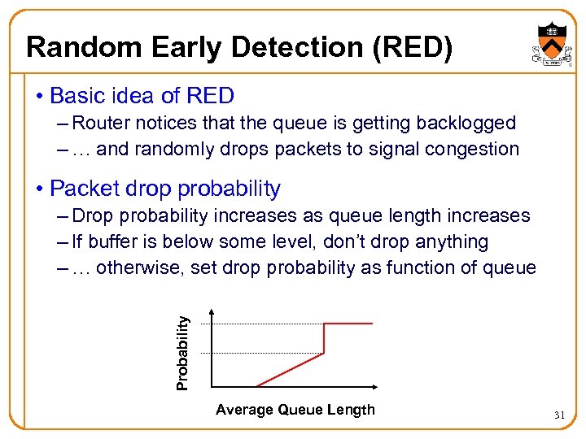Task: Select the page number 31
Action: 559,415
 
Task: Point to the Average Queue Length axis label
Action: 295,410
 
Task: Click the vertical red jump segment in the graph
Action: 325,338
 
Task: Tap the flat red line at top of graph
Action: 348,324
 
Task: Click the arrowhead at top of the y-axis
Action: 212,312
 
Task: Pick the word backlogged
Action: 466,123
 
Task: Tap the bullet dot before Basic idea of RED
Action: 39,96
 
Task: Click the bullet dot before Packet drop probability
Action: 39,189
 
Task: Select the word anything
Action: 452,241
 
